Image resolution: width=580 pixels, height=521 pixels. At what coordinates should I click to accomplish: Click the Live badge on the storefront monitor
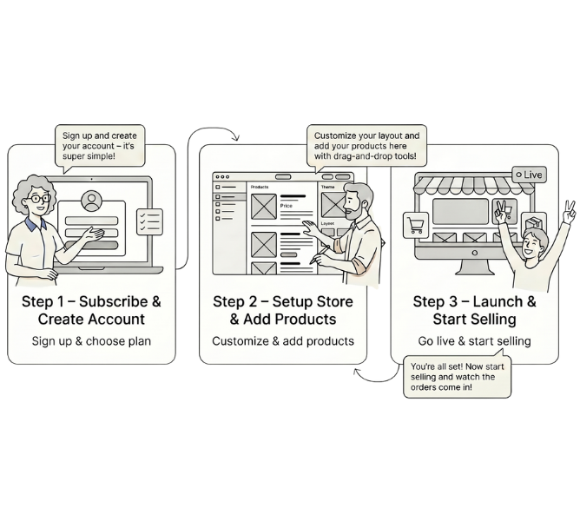click(x=529, y=175)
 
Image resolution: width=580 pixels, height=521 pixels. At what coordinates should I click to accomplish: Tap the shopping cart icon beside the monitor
click(x=415, y=225)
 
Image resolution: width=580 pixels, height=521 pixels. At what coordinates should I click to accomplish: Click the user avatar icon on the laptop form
click(x=91, y=201)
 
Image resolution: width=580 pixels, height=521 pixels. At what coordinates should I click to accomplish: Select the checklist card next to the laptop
click(x=149, y=221)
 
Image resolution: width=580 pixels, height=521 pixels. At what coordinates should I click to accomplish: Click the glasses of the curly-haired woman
click(x=40, y=199)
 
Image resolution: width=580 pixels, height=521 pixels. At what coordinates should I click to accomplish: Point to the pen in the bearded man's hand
click(x=320, y=254)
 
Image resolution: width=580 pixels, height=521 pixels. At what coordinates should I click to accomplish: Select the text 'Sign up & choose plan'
click(x=91, y=340)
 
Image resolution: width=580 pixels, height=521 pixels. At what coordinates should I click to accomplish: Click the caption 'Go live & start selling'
click(x=475, y=340)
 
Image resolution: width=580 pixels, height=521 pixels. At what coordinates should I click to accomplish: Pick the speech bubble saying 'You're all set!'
click(x=458, y=377)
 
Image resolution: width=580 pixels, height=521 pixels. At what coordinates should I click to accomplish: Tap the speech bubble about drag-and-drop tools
click(x=366, y=146)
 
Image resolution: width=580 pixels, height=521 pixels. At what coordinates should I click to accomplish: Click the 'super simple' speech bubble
click(x=100, y=146)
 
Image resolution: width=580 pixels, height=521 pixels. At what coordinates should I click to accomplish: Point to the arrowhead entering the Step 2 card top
click(x=236, y=138)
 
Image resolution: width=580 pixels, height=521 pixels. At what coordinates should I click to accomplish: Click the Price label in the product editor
click(x=286, y=206)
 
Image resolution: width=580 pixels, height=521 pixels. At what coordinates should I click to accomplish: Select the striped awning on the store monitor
click(x=474, y=185)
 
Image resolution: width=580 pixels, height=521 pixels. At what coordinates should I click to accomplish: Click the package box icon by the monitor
click(x=534, y=224)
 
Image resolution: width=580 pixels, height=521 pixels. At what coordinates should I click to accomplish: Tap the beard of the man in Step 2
click(x=353, y=212)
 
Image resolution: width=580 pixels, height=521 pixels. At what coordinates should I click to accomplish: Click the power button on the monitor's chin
click(x=475, y=253)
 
